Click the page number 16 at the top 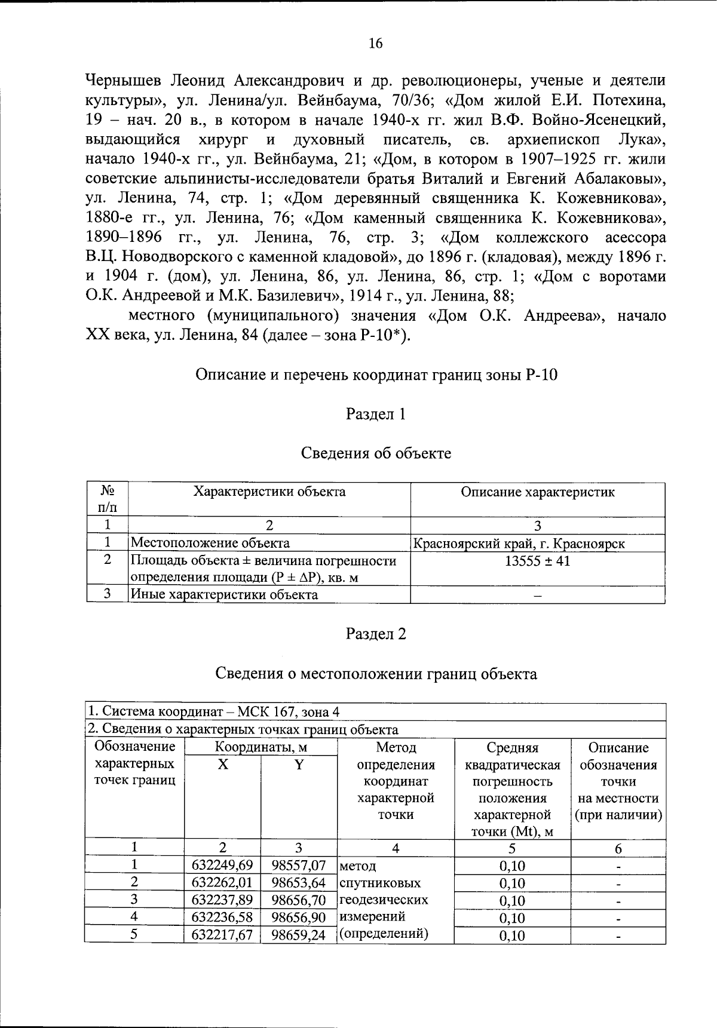tap(376, 44)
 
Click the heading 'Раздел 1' tap(376, 414)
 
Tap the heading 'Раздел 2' tap(376, 634)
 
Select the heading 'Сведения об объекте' tap(376, 453)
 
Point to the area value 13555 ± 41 tap(537, 561)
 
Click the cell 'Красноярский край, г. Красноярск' tap(519, 544)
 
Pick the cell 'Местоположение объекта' tap(210, 543)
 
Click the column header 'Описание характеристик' tap(537, 492)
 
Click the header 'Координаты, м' tap(261, 747)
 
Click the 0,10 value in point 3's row tap(512, 901)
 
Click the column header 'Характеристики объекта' tap(269, 492)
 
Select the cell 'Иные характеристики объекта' tap(224, 595)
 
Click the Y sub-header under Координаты tap(299, 765)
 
